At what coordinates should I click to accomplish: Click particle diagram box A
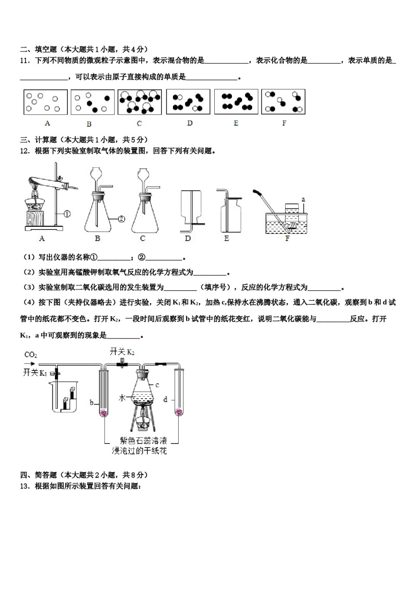click(45, 102)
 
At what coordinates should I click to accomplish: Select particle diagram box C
click(139, 102)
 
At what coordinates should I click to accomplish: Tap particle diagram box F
click(283, 102)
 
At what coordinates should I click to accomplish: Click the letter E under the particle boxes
click(236, 123)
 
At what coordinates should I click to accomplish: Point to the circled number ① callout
click(67, 215)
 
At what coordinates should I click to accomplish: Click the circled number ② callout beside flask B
click(122, 218)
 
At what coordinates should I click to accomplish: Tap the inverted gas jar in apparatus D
click(191, 206)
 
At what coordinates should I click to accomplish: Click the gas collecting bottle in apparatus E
click(231, 215)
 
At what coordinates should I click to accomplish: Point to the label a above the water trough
click(303, 200)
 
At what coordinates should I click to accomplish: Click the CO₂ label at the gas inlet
click(30, 355)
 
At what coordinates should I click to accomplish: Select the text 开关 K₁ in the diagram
click(35, 373)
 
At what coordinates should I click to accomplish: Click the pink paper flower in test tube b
click(104, 413)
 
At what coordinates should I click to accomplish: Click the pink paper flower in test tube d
click(179, 412)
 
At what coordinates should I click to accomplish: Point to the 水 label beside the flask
click(122, 398)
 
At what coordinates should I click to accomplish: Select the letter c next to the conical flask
click(157, 385)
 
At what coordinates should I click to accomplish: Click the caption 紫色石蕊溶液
click(143, 440)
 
